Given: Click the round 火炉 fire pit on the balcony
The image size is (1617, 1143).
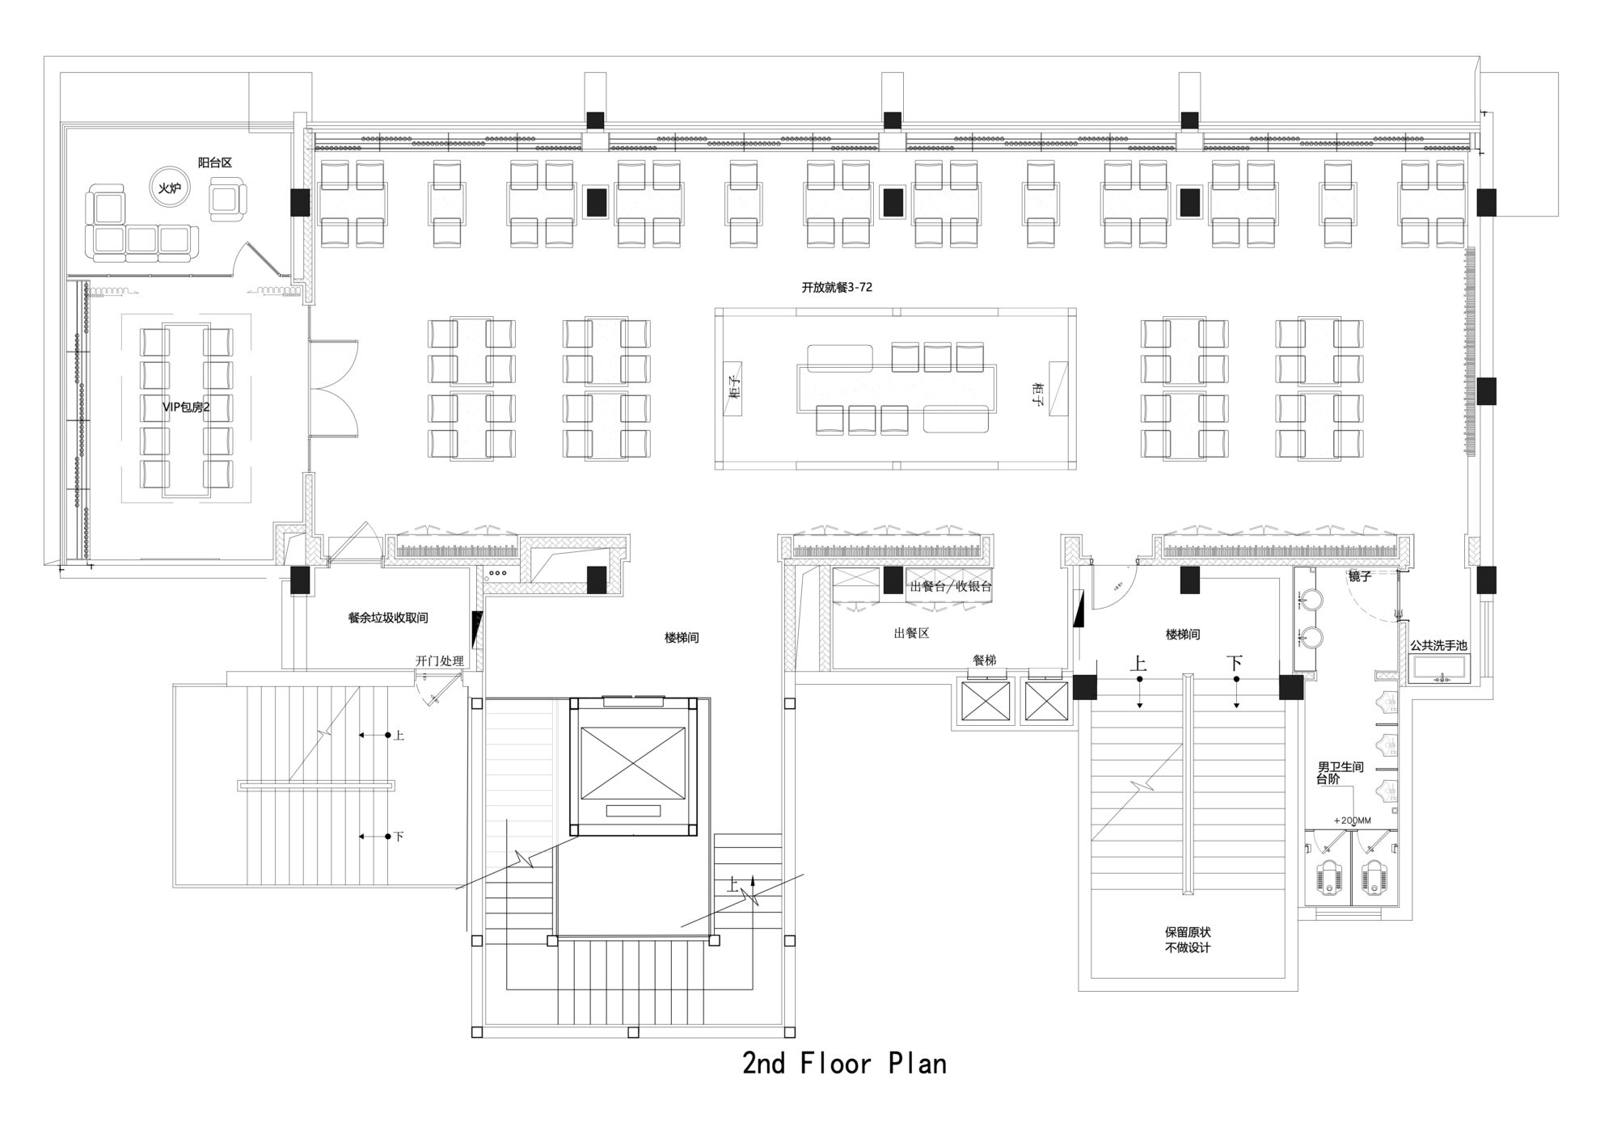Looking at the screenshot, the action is point(168,188).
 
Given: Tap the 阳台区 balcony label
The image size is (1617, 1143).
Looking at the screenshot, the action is point(215,162).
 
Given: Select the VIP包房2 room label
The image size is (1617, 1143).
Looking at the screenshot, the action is point(186,407).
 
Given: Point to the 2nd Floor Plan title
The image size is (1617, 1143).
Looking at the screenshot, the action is point(844,1063).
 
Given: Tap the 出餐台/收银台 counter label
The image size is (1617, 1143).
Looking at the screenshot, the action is point(951,587).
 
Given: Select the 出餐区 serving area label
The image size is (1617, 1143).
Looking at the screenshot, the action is point(911,633).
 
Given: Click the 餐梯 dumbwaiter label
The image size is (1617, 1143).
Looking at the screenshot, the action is point(984,660).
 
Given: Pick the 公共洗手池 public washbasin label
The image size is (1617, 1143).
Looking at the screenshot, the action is point(1438,646).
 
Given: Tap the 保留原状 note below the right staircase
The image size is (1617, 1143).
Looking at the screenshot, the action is point(1188,932).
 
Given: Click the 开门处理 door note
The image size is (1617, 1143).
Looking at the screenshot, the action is point(440,661).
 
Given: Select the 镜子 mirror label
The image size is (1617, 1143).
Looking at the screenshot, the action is point(1359,576).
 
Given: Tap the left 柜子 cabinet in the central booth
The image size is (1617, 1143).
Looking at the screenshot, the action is point(734,388).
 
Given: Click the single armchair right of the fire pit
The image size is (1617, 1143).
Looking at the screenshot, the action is point(227,199).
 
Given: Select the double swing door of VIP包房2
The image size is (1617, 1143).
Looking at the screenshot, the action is point(334,387).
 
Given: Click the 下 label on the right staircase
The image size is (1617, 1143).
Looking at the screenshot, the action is point(1234,664).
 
